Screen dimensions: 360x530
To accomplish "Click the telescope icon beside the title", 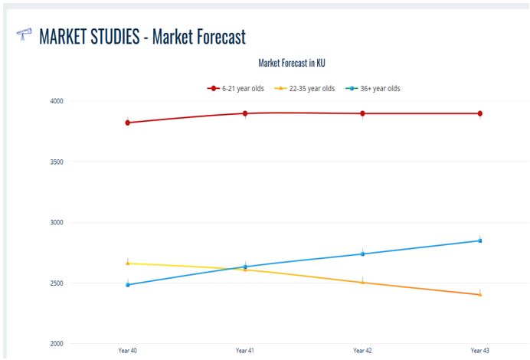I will [24, 34].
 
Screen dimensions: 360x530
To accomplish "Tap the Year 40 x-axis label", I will [128, 350].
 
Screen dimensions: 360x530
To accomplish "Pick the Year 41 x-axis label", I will [245, 350].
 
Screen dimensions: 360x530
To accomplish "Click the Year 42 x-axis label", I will [362, 350].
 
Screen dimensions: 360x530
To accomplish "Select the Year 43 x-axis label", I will [480, 350].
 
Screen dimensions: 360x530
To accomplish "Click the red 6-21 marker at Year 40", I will [128, 123].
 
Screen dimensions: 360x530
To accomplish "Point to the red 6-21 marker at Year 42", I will [362, 113].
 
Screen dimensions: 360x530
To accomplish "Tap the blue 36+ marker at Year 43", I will [480, 241].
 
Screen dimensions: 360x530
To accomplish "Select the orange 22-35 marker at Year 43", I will [480, 294].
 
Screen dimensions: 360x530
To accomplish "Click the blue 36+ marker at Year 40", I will [128, 285].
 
